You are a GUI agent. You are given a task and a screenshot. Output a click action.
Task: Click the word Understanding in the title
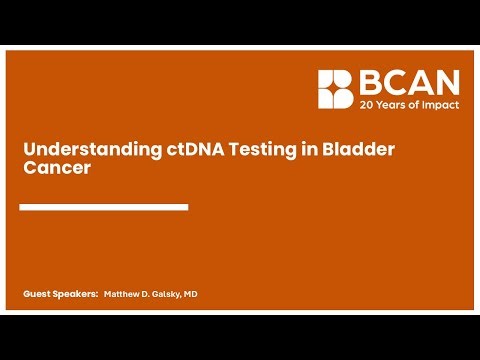click(x=77, y=150)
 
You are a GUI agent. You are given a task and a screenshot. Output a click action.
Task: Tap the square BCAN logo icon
click(x=335, y=89)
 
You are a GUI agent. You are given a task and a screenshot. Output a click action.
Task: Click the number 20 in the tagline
click(x=366, y=102)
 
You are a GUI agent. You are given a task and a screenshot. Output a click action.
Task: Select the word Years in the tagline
click(x=391, y=102)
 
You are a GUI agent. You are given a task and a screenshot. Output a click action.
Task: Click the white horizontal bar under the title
click(x=104, y=207)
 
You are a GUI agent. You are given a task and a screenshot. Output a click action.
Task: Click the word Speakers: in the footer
click(x=76, y=295)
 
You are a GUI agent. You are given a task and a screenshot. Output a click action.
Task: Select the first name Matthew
click(x=123, y=295)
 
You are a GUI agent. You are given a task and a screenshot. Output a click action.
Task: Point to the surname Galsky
click(x=173, y=295)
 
